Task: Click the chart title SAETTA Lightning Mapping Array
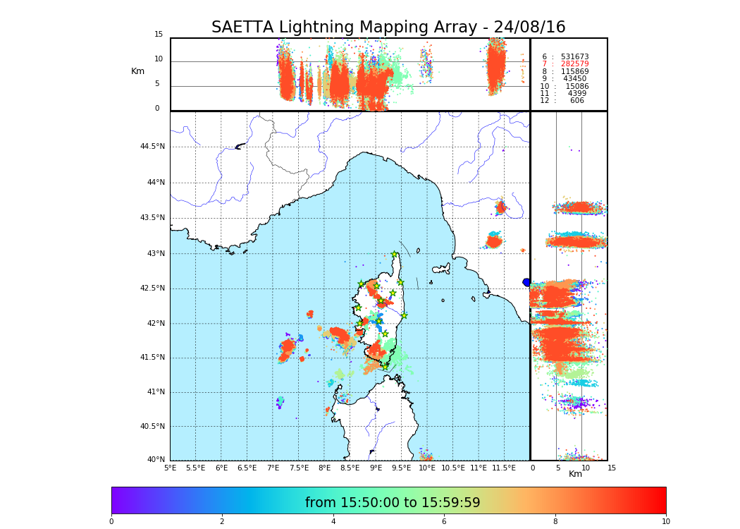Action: click(388, 28)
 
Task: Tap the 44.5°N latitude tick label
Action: click(152, 147)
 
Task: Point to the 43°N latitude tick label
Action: click(154, 254)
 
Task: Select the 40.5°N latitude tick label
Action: click(152, 427)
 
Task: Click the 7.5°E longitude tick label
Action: click(299, 468)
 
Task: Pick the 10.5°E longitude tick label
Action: click(453, 468)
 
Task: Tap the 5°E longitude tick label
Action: click(171, 468)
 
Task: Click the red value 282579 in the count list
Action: click(574, 64)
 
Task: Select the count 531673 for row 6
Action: click(574, 57)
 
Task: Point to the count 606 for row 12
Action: click(577, 101)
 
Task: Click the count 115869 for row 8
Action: click(574, 72)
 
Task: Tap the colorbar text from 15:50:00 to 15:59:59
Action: click(393, 503)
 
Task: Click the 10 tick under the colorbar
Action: click(665, 522)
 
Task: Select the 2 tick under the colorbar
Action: click(222, 522)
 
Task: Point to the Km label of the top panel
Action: click(137, 71)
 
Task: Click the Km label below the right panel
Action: click(575, 474)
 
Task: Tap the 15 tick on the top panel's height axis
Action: click(159, 35)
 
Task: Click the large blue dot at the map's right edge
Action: click(526, 282)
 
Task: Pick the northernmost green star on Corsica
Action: click(395, 255)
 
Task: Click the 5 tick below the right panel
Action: click(557, 468)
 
